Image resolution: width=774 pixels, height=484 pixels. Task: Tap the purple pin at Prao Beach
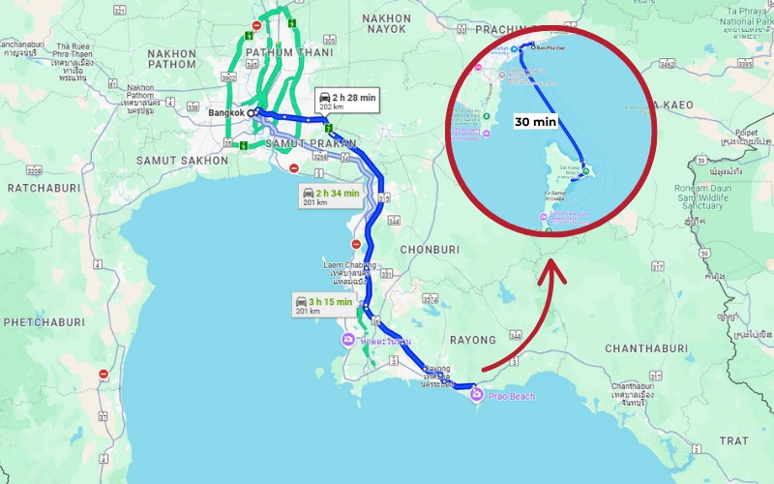tap(475, 394)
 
